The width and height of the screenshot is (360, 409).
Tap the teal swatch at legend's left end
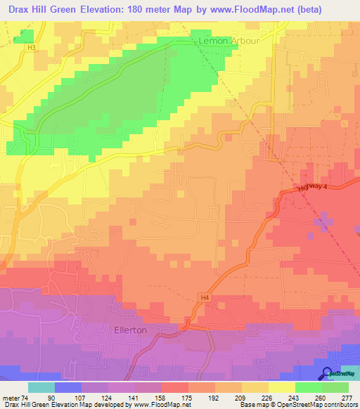[41, 387]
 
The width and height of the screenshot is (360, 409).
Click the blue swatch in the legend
[68, 387]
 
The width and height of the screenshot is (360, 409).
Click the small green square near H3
[27, 36]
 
